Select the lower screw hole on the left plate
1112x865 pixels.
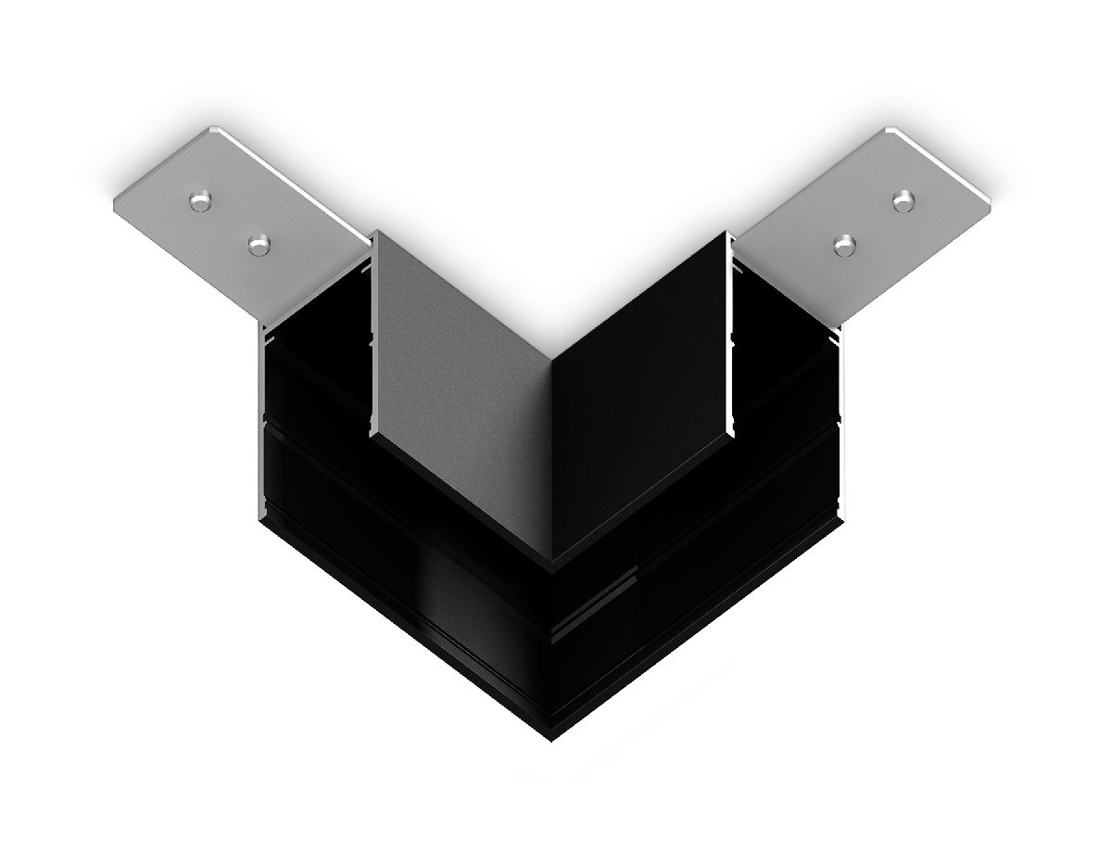click(x=259, y=244)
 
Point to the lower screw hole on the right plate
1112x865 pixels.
click(x=843, y=245)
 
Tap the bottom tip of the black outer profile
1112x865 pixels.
click(x=553, y=742)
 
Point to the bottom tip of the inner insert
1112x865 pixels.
click(x=552, y=562)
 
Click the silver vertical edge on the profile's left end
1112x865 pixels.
click(x=259, y=417)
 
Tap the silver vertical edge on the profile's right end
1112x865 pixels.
click(x=846, y=417)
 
